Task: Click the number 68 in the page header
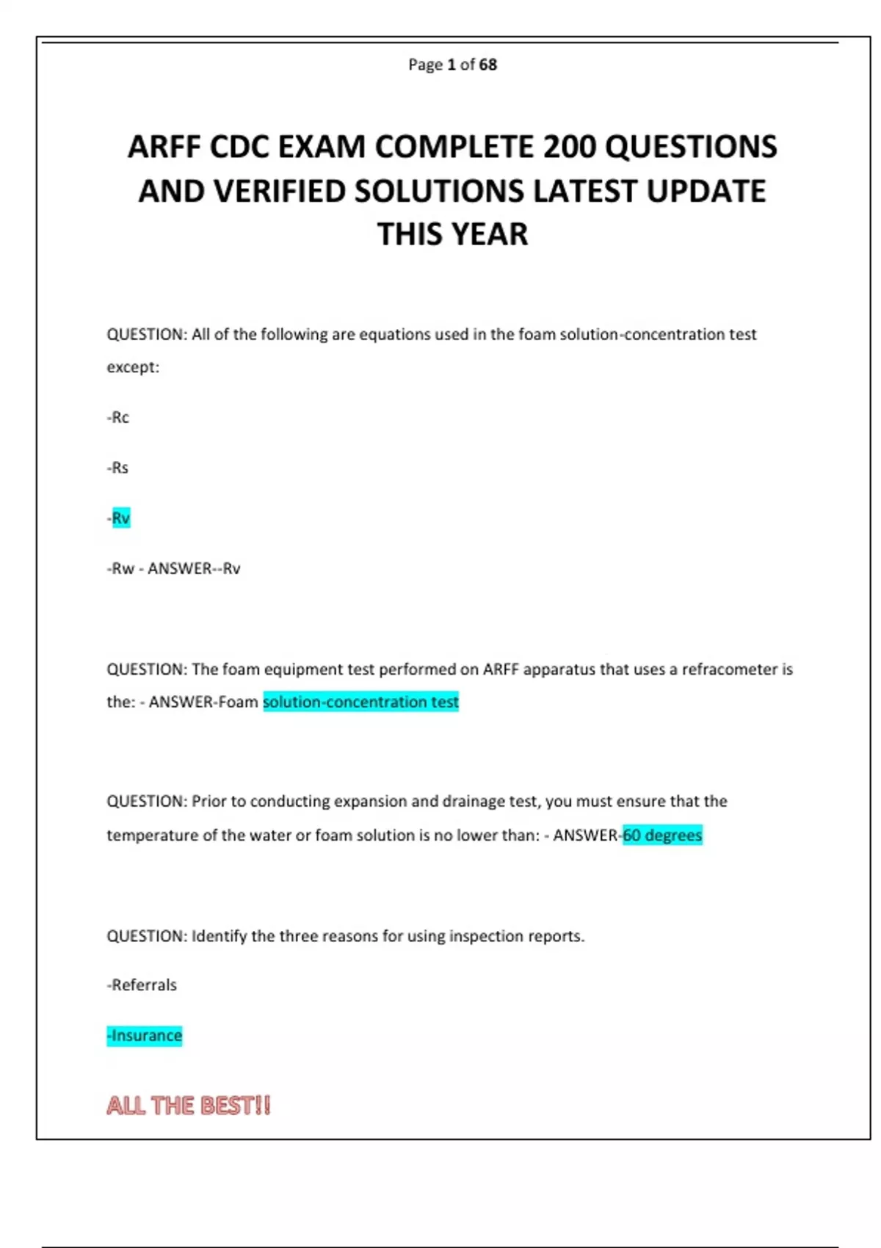pyautogui.click(x=488, y=65)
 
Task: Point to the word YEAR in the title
pyautogui.click(x=490, y=235)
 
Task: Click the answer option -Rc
pyautogui.click(x=118, y=418)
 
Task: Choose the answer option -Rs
pyautogui.click(x=118, y=468)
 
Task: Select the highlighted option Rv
pyautogui.click(x=120, y=518)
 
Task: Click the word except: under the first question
pyautogui.click(x=133, y=367)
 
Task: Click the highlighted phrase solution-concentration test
pyautogui.click(x=360, y=702)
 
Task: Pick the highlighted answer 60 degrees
pyautogui.click(x=662, y=835)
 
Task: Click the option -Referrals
pyautogui.click(x=142, y=985)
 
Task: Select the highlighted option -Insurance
pyautogui.click(x=145, y=1036)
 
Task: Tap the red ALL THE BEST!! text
pyautogui.click(x=189, y=1106)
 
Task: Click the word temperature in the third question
pyautogui.click(x=152, y=835)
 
